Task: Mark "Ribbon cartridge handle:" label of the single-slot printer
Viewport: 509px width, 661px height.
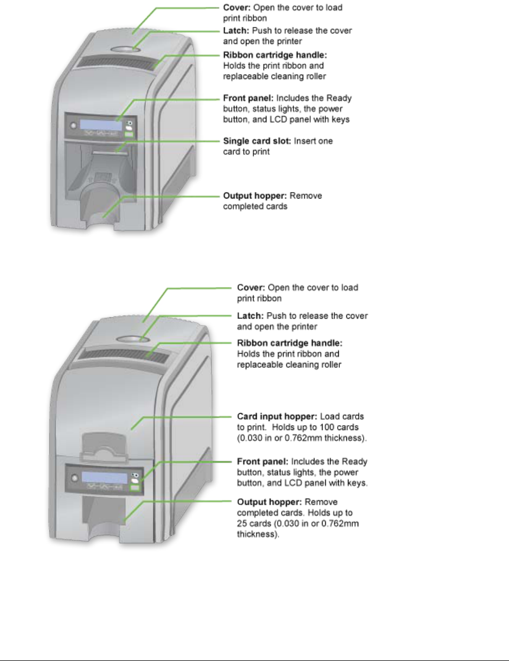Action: pos(269,56)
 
